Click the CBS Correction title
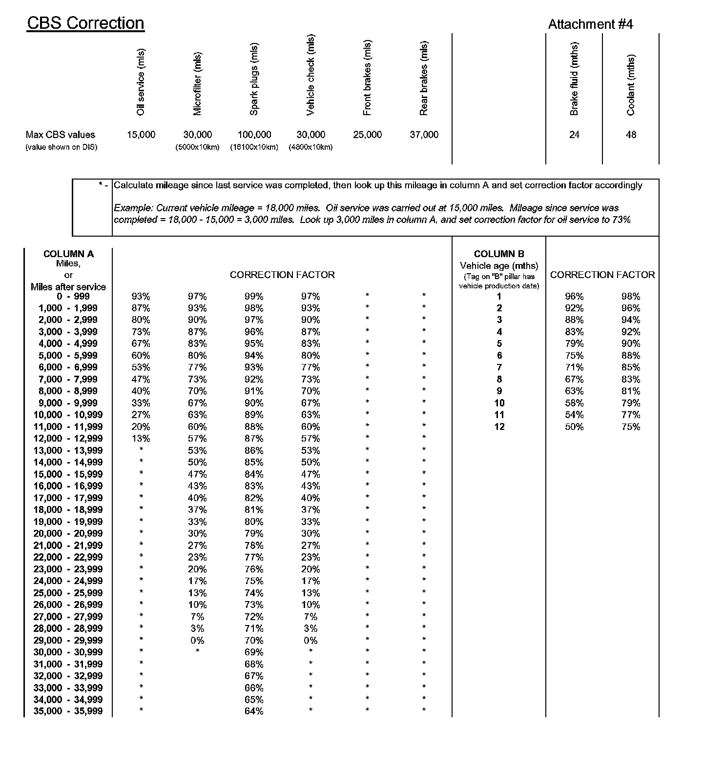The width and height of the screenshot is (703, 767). (x=85, y=23)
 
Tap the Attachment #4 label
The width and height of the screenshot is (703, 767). (x=590, y=24)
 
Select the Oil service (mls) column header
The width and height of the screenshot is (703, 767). (x=141, y=82)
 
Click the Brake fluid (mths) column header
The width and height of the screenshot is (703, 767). (x=574, y=79)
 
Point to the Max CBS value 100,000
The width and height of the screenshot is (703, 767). (x=254, y=135)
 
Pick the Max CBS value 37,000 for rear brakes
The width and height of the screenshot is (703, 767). (x=424, y=135)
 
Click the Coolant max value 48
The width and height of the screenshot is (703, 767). (x=631, y=135)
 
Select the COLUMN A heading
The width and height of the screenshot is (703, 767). (x=68, y=254)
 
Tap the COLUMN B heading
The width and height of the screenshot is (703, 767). (x=499, y=254)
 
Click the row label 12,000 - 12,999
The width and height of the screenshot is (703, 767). (x=68, y=438)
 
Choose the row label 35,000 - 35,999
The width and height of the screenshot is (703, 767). (x=68, y=711)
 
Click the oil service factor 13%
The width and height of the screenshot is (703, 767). (x=141, y=438)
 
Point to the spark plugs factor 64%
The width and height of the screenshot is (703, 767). (x=254, y=711)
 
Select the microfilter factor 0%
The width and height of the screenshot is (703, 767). (x=197, y=640)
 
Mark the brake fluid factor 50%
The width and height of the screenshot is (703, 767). (x=574, y=426)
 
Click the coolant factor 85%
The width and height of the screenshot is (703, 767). (x=631, y=367)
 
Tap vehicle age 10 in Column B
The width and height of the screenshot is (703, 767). (x=499, y=403)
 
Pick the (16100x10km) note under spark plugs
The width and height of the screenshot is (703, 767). (x=254, y=147)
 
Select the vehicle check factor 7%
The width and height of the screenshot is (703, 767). (x=310, y=617)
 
